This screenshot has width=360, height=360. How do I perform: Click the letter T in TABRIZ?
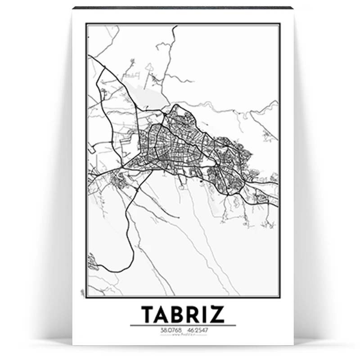(x=148, y=315)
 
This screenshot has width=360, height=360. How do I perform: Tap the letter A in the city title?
(x=165, y=315)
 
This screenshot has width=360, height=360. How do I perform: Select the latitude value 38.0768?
(x=168, y=330)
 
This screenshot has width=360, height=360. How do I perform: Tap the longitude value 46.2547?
(x=198, y=330)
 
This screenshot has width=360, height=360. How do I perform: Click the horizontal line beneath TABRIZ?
(x=183, y=325)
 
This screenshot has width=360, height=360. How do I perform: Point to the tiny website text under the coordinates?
(x=183, y=334)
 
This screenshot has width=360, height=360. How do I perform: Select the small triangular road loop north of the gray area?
(x=149, y=69)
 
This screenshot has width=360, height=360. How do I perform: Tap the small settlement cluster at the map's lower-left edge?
(x=92, y=261)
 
